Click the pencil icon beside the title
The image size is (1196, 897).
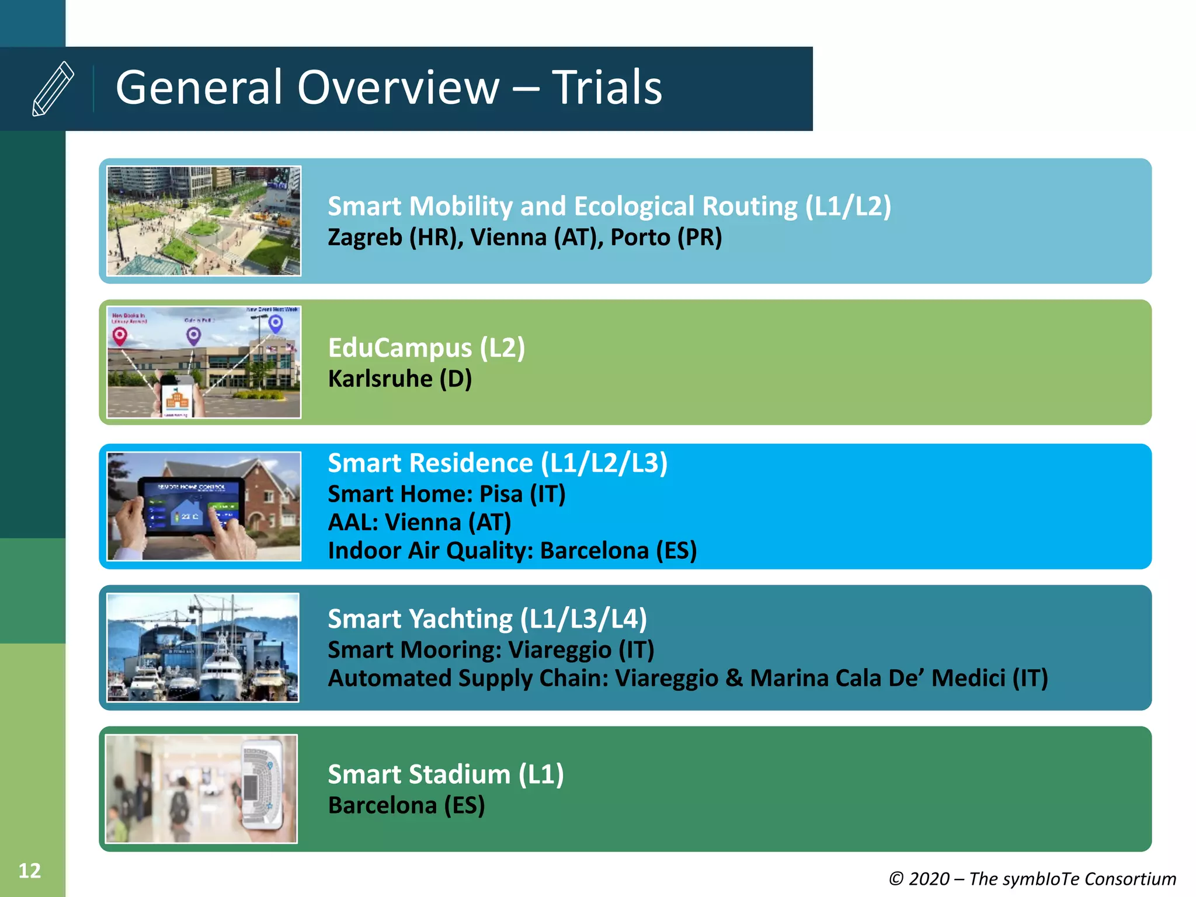(53, 88)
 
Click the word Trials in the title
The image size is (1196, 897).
(607, 88)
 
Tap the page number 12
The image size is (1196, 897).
(30, 871)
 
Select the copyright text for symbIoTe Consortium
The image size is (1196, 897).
(1032, 879)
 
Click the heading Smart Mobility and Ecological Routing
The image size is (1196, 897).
(609, 206)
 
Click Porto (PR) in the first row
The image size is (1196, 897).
(666, 238)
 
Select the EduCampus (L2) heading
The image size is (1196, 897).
(426, 348)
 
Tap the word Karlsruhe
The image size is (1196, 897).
(380, 379)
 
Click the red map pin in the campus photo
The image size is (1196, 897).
(120, 336)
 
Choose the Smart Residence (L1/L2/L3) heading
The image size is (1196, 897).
(498, 463)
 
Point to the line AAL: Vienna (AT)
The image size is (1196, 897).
(419, 522)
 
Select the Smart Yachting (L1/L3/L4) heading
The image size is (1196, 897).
(487, 619)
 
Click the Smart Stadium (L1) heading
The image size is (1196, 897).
(446, 775)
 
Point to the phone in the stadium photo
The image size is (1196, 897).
(262, 785)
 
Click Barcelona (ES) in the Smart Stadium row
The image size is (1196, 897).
(406, 806)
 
